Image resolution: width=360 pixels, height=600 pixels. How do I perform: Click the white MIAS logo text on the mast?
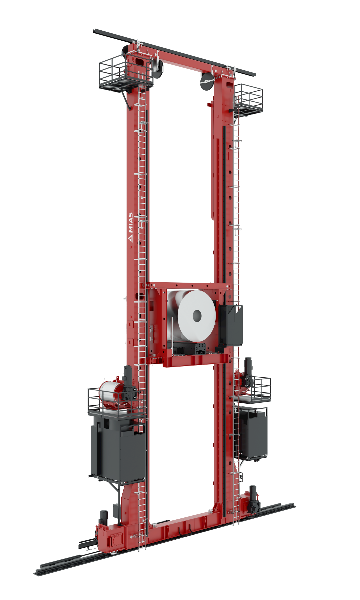(x=130, y=227)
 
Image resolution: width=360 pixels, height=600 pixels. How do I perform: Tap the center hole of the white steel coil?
(x=197, y=315)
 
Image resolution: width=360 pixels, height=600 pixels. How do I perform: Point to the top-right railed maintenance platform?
(x=248, y=99)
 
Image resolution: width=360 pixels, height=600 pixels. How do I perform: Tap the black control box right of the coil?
(x=230, y=325)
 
